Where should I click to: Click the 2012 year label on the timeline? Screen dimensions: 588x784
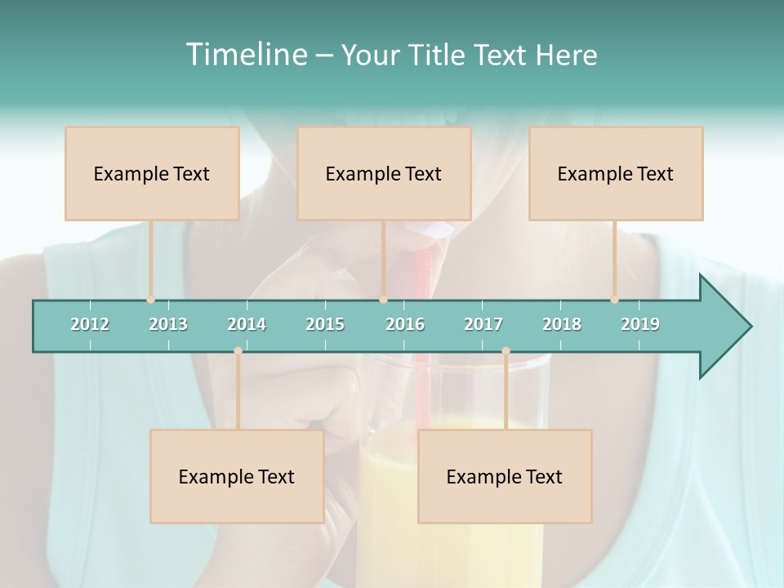[90, 324]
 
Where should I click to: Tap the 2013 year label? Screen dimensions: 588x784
[168, 324]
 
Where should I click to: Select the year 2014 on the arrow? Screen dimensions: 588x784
[247, 324]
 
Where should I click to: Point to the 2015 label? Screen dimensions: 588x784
[325, 324]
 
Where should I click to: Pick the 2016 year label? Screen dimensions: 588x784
[405, 324]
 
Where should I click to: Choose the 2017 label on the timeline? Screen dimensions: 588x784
[483, 324]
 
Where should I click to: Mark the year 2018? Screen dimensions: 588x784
[562, 324]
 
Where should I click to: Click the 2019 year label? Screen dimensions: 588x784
[640, 324]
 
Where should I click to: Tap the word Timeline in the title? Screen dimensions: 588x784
[245, 55]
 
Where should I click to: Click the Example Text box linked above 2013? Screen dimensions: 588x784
[152, 173]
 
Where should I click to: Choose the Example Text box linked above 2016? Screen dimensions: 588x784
[384, 173]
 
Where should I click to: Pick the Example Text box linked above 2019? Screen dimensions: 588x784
[616, 173]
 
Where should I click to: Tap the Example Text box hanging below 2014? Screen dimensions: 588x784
[237, 476]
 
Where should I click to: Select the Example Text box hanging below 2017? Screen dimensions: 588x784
[505, 476]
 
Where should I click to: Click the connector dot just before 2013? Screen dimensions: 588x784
[150, 300]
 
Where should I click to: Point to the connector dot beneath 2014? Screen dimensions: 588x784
[238, 351]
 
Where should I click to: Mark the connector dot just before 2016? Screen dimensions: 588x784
[384, 300]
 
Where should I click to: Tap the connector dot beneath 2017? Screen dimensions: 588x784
[506, 351]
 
